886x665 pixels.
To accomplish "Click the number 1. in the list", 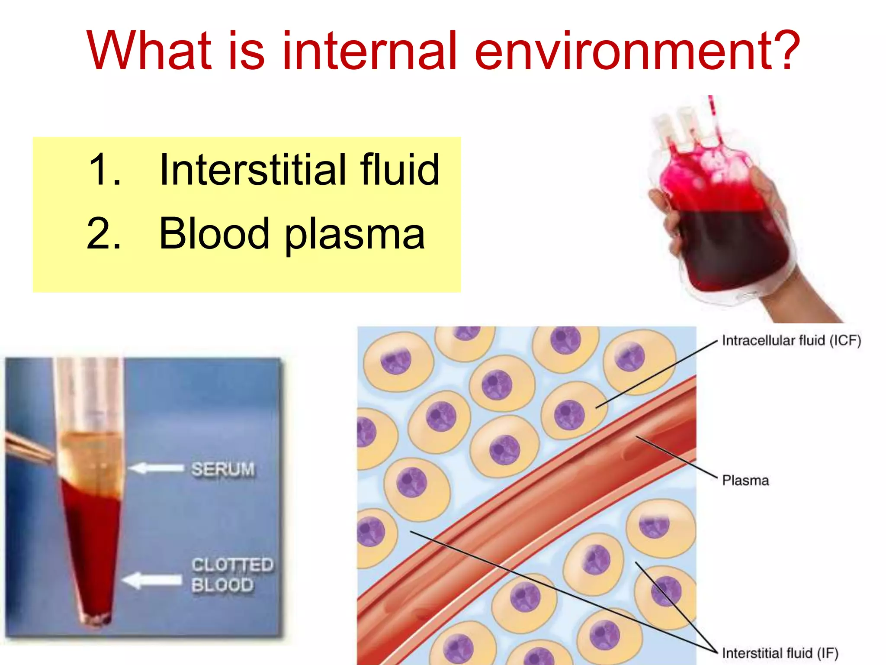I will click(104, 170).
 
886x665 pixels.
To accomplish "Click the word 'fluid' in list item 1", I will click(400, 170).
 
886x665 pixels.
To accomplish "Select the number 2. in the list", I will click(104, 234).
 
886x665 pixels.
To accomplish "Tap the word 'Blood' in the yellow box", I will click(214, 234).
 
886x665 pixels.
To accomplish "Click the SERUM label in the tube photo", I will click(223, 469).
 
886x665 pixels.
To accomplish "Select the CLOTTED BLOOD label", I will click(232, 575).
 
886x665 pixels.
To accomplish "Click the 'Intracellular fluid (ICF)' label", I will click(791, 341).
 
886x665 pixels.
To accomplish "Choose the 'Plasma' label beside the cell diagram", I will click(745, 480).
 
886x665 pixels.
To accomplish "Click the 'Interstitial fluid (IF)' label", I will click(780, 653).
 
